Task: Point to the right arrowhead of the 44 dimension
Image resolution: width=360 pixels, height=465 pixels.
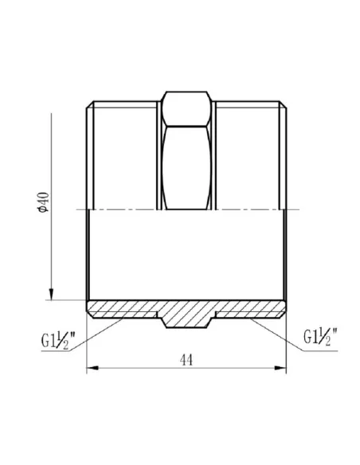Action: point(281,369)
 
